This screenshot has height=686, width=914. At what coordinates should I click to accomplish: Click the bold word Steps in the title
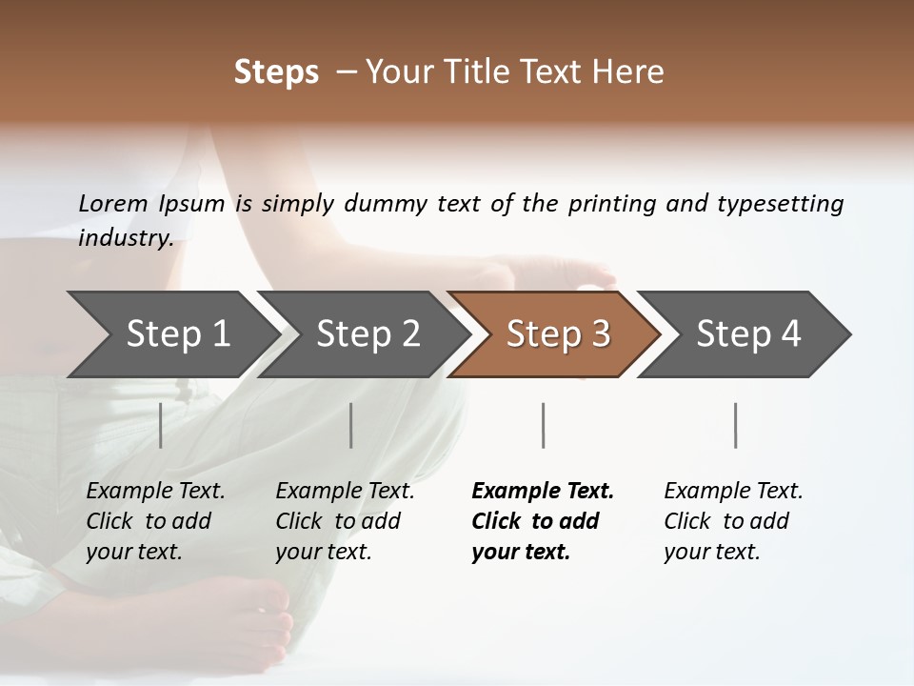point(276,72)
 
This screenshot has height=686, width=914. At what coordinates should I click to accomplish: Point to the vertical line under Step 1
point(161,425)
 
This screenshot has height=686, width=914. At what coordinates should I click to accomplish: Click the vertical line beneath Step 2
point(351,425)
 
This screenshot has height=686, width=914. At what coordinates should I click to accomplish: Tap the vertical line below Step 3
point(543,425)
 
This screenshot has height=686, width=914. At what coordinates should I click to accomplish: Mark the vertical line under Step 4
point(735,425)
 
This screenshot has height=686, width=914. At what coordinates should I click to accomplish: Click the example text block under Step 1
point(155,521)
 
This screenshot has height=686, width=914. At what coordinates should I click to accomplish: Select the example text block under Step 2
point(345,521)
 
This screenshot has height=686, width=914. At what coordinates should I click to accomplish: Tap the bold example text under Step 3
point(543,521)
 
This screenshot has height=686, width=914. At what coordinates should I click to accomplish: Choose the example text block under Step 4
point(733,521)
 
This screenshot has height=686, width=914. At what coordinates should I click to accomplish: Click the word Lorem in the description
point(112,204)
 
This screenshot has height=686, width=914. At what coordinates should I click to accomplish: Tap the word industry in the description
point(125,238)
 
